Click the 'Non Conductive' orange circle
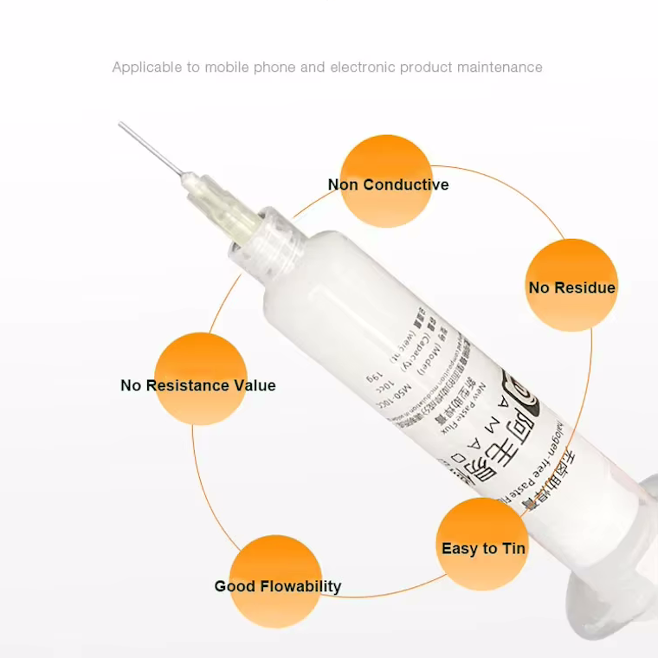tap(386, 181)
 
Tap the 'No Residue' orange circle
tap(571, 285)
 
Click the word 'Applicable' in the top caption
tap(146, 67)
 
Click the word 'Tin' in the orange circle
tap(513, 548)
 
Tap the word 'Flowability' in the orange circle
tap(300, 586)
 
